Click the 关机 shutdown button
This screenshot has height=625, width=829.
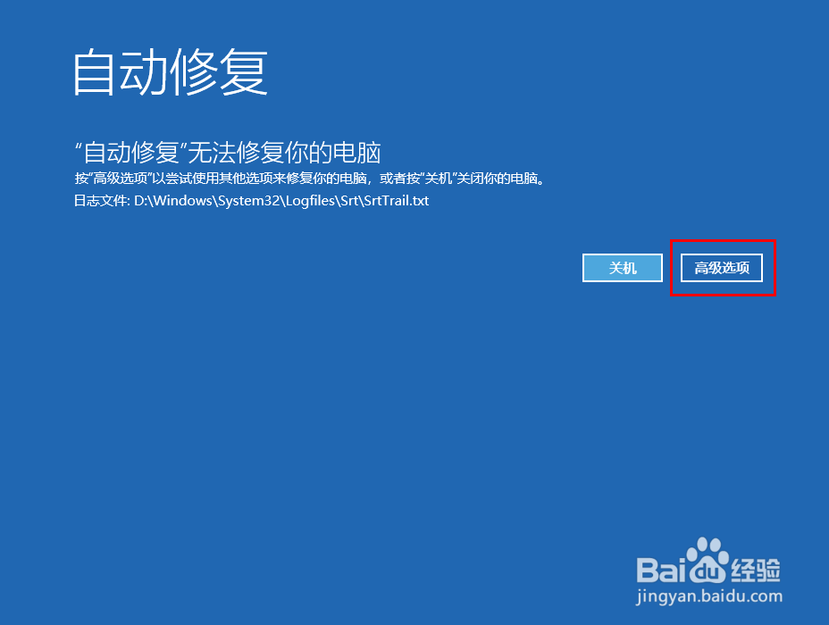[x=623, y=268]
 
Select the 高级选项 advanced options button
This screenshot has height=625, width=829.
[x=722, y=268]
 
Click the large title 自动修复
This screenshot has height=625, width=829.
[x=171, y=72]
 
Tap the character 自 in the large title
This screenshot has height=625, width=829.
[x=94, y=72]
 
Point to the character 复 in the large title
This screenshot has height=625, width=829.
[x=244, y=72]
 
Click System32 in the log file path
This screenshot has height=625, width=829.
[x=249, y=201]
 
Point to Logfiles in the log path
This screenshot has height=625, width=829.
[x=311, y=201]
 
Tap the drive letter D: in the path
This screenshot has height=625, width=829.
[x=140, y=201]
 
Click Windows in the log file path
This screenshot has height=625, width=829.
[x=183, y=201]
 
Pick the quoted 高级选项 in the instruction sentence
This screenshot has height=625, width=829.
[x=121, y=179]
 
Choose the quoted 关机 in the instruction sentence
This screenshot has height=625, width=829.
[x=439, y=179]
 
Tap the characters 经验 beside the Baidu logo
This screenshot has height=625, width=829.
[x=755, y=570]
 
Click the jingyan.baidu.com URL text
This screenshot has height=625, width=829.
[x=709, y=596]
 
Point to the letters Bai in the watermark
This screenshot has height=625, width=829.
[x=661, y=570]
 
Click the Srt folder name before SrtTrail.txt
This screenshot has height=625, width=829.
[x=350, y=201]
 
